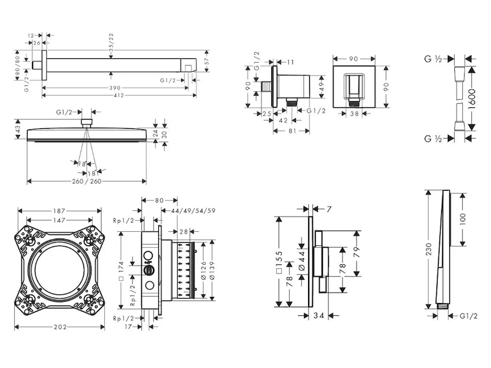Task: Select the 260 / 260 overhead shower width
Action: (x=86, y=182)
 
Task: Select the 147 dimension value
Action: (x=60, y=219)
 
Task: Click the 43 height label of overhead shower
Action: (x=18, y=130)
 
